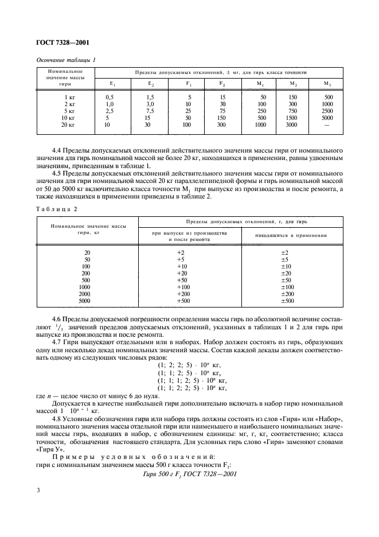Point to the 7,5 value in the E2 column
click(150, 111)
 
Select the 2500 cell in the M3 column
click(327, 111)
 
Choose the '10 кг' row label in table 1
click(68, 118)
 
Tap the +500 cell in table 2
click(183, 301)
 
